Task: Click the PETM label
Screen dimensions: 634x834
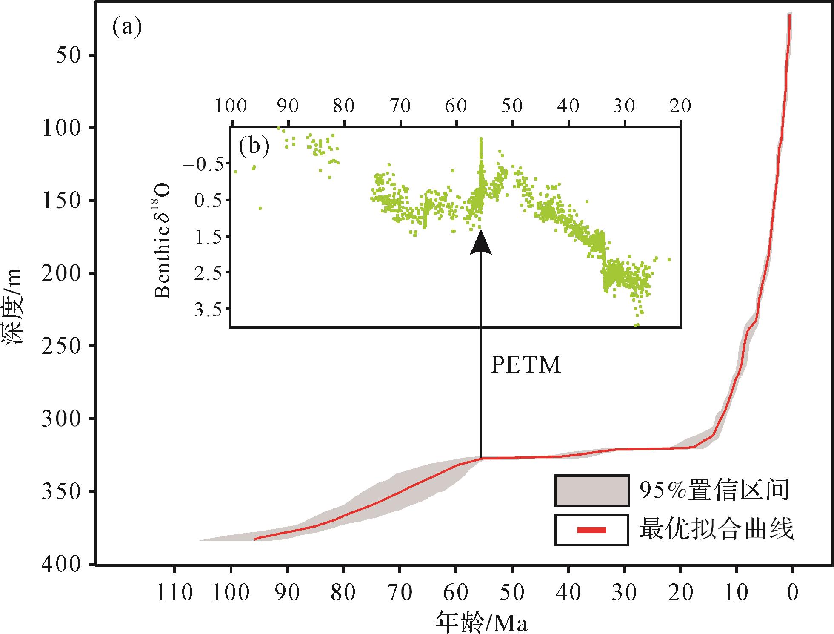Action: tap(526, 365)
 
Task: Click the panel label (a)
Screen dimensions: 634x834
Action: tap(126, 28)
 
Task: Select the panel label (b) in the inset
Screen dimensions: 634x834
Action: tap(254, 146)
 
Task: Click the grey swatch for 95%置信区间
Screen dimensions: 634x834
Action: tap(591, 491)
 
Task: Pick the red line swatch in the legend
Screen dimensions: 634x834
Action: tap(591, 530)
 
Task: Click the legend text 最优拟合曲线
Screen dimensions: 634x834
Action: tap(717, 530)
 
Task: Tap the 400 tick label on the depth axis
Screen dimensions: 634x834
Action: tap(62, 564)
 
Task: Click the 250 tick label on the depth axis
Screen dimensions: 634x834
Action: tap(62, 346)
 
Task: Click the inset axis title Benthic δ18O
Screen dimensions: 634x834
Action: tap(163, 241)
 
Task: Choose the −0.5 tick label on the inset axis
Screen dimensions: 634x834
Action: tap(204, 164)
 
